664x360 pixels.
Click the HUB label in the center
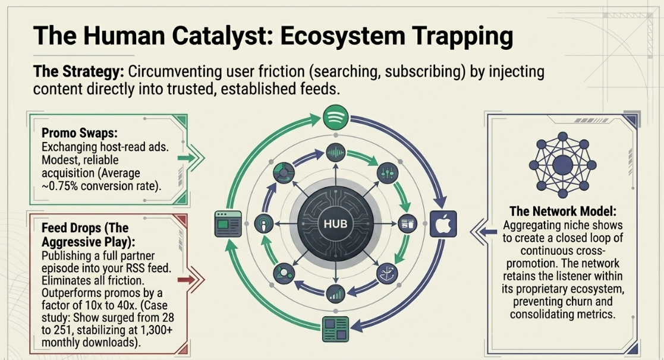(335, 224)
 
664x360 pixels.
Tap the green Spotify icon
(335, 117)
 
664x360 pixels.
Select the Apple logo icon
(443, 224)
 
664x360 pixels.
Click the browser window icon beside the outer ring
(228, 224)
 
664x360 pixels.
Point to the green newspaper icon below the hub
(335, 329)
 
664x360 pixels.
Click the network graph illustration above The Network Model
(562, 165)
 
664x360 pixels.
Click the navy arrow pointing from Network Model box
(484, 232)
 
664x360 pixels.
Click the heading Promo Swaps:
(80, 133)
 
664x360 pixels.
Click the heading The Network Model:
(563, 211)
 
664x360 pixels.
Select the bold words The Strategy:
(78, 71)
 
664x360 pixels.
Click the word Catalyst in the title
(219, 36)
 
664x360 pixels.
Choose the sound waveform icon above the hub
(335, 152)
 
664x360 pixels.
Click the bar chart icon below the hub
(335, 294)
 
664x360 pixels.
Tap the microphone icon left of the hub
(264, 223)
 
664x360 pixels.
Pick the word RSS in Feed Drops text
(136, 268)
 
